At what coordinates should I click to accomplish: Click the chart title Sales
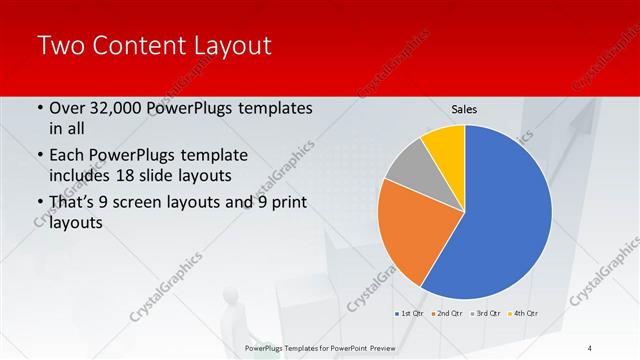click(464, 108)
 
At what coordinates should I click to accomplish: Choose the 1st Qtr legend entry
click(409, 314)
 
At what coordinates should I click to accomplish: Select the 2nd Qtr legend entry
click(450, 314)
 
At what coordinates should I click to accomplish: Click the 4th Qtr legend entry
click(527, 314)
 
